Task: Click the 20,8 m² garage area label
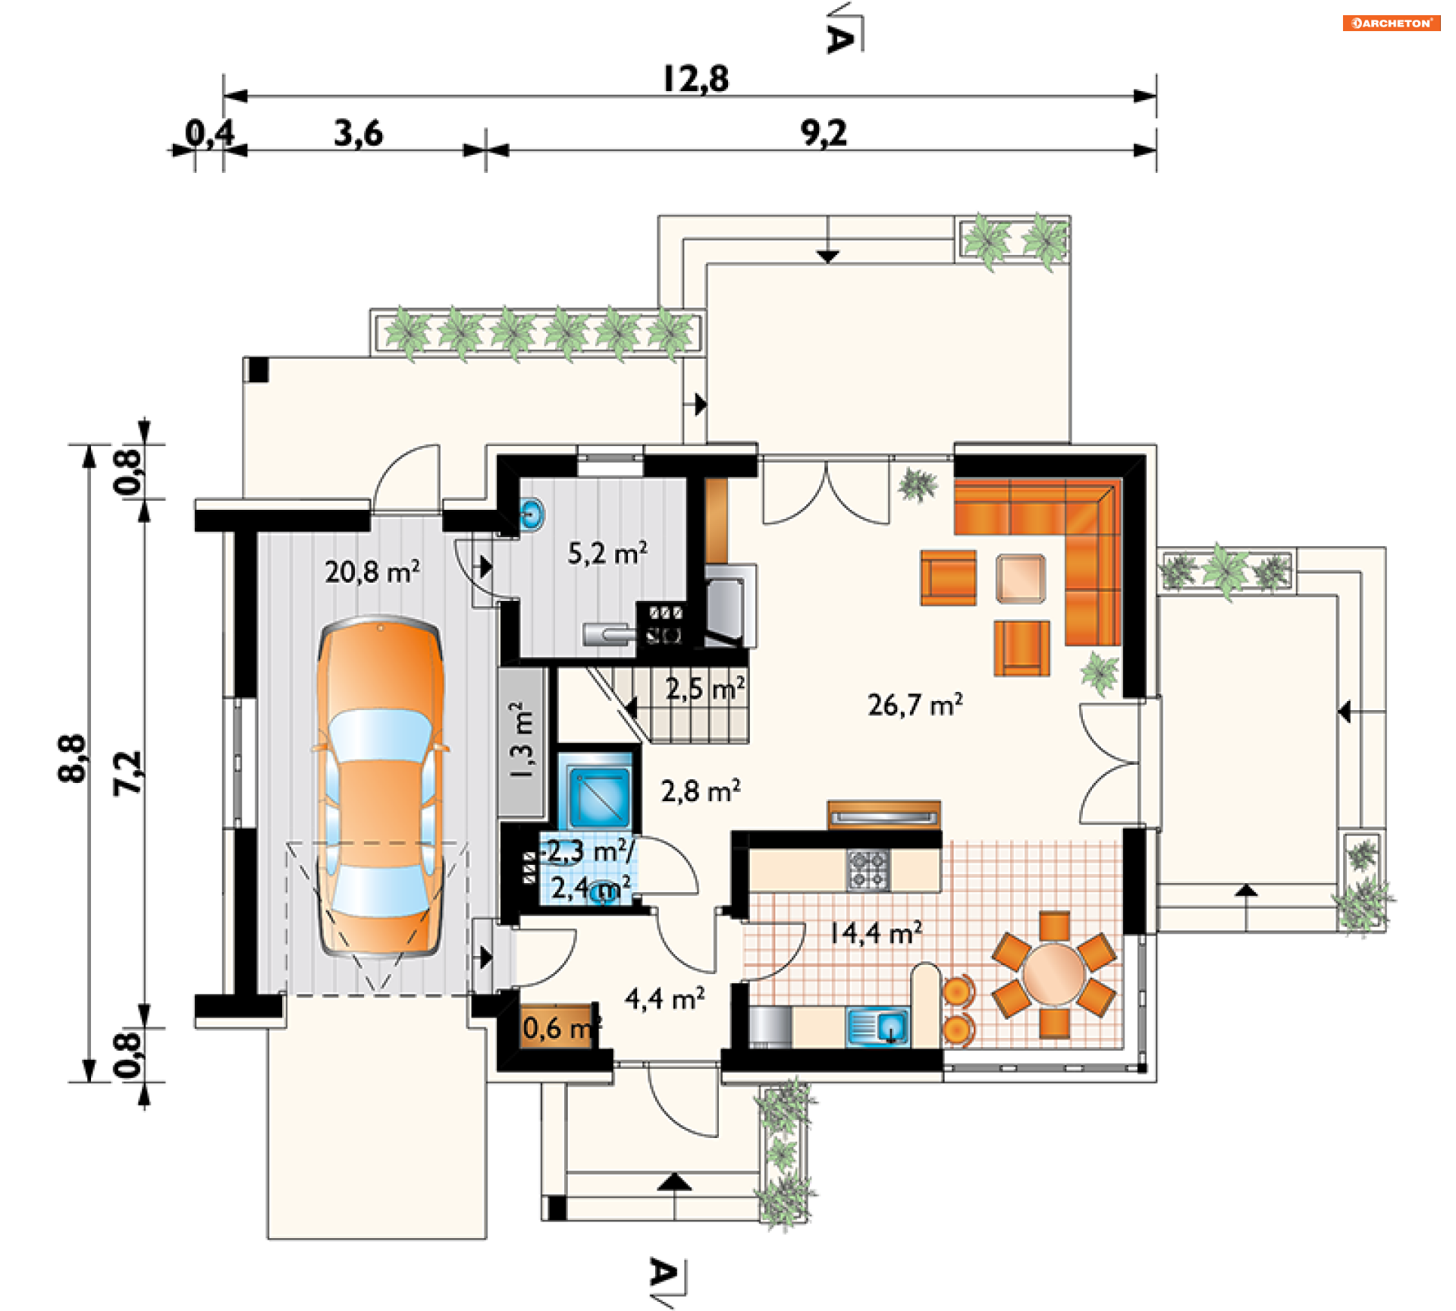[x=372, y=571]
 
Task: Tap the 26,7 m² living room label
[x=915, y=705]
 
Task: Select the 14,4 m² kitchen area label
[x=877, y=932]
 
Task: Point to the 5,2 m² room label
[x=607, y=553]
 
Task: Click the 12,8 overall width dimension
[x=696, y=79]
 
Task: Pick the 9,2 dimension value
[x=824, y=134]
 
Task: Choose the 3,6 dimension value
[x=359, y=134]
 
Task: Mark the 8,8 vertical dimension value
[x=72, y=759]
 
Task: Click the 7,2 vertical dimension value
[x=127, y=772]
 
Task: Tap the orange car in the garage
[x=380, y=786]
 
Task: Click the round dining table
[x=1053, y=974]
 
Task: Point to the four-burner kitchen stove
[x=868, y=869]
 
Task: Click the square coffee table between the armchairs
[x=1021, y=579]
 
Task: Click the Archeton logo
[x=1392, y=23]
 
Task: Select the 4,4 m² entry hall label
[x=665, y=999]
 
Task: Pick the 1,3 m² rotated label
[x=522, y=740]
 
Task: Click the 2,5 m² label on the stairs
[x=705, y=689]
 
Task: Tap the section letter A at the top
[x=839, y=38]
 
